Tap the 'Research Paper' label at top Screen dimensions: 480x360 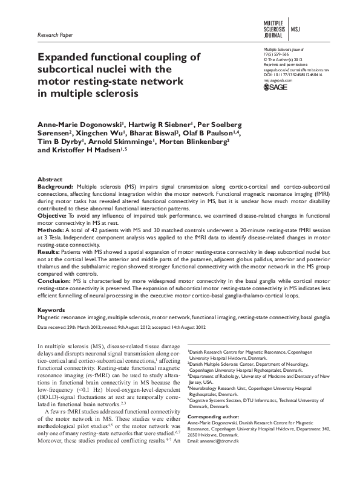54,35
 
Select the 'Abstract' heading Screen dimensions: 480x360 50,180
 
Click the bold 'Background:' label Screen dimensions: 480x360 56,188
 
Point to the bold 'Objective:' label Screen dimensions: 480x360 53,215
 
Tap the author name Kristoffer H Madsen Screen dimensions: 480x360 85,151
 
